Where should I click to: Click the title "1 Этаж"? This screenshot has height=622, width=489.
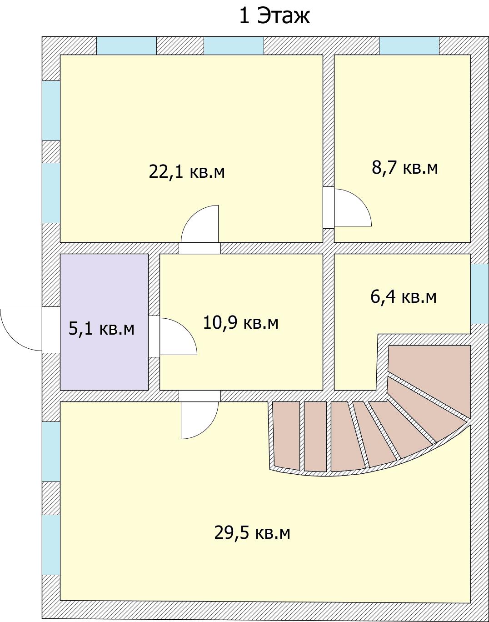click(274, 16)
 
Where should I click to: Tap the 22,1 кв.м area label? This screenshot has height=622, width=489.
click(187, 172)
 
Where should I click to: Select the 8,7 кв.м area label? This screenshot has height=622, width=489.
click(404, 168)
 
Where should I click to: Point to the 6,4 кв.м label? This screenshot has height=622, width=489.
click(404, 297)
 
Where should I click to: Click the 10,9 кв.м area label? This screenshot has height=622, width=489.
click(240, 323)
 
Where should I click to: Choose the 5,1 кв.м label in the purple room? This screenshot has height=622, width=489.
click(101, 328)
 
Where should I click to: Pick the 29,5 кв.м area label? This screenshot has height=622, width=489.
click(252, 532)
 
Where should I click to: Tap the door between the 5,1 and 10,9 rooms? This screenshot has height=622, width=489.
click(175, 336)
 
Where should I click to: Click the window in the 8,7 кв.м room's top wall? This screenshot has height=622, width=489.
click(409, 46)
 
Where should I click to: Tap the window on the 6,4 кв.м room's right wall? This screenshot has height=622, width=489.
click(479, 294)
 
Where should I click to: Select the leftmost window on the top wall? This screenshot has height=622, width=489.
click(126, 46)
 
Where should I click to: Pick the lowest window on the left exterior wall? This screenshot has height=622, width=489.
click(51, 545)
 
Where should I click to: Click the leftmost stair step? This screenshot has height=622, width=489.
click(287, 435)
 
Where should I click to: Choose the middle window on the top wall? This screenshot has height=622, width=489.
click(234, 46)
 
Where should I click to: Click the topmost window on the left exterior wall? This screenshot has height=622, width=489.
click(51, 110)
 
